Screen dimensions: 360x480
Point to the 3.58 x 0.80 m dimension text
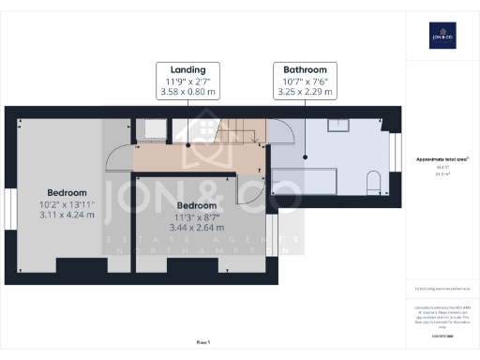pos(188,93)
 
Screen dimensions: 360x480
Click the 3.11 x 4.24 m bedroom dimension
pos(67,215)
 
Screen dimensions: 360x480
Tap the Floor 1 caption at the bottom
pos(203,342)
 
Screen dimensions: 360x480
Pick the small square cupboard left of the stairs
pos(152,129)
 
